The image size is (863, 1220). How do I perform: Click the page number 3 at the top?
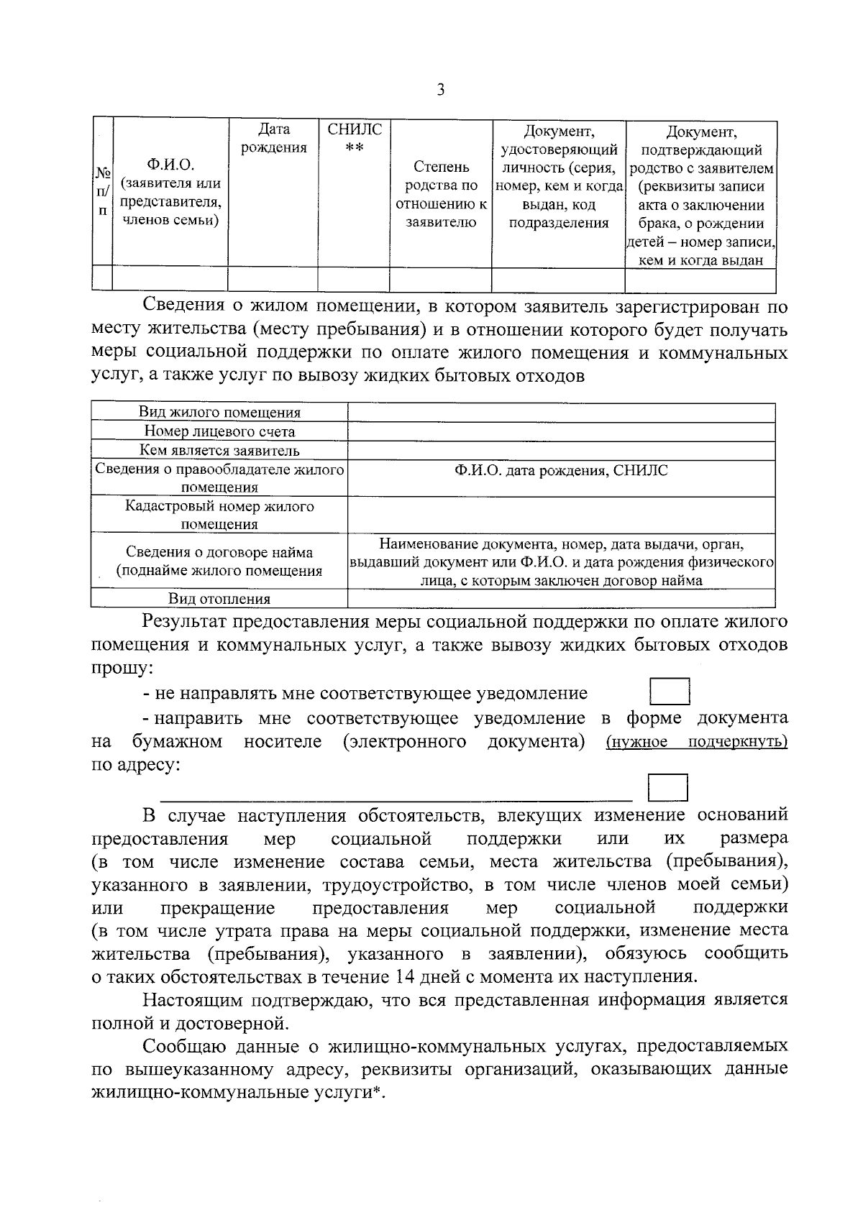coord(440,91)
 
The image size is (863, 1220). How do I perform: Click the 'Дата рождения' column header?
coord(273,139)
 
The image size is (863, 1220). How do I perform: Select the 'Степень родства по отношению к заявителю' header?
coord(441,195)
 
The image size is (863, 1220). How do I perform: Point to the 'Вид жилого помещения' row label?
coord(219,413)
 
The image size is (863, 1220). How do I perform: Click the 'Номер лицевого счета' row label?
coord(219,431)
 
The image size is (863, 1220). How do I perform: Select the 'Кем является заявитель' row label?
coord(219,451)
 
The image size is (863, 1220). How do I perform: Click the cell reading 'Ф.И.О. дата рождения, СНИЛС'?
coord(561,471)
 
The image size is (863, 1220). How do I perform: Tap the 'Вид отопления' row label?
coord(219,599)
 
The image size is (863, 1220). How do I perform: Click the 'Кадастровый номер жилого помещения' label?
coord(219,515)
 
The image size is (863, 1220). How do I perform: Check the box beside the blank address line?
coord(667,787)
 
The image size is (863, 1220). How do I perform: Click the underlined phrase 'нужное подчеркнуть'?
coord(696,742)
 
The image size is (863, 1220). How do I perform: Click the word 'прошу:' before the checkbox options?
coord(122,668)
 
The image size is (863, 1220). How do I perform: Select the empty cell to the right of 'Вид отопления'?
coord(561,599)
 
